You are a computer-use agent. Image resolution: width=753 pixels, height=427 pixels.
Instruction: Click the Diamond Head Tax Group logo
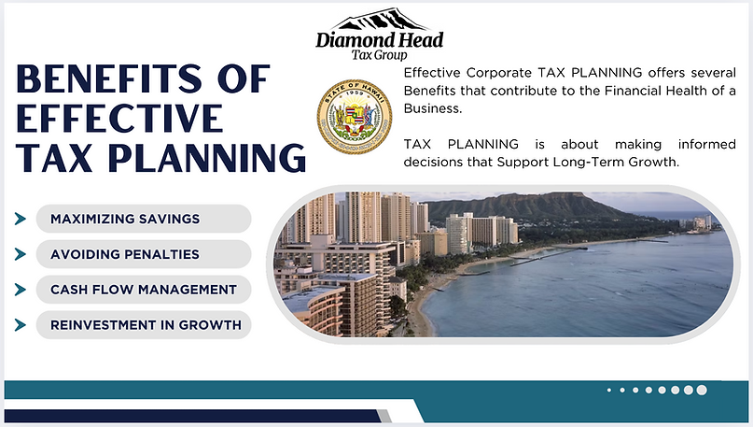click(379, 36)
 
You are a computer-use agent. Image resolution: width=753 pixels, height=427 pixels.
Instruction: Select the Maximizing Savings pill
click(144, 219)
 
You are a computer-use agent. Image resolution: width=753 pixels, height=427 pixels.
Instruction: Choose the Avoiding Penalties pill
click(144, 254)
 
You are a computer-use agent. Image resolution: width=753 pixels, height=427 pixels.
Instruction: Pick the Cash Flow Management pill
click(144, 290)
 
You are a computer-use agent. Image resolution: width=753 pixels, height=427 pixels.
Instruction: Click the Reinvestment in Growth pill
click(144, 325)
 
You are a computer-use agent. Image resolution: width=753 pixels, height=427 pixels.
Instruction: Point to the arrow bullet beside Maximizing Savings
click(20, 219)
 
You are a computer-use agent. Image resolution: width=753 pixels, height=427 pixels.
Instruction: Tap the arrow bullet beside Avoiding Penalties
click(20, 254)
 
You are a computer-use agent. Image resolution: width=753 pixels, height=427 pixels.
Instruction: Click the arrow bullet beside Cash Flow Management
click(20, 290)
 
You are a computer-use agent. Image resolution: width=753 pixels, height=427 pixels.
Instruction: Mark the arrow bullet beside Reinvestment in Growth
click(20, 325)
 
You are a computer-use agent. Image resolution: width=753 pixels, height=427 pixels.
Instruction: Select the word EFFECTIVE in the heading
click(119, 119)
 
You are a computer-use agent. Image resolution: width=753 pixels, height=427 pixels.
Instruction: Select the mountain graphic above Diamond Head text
click(380, 20)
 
